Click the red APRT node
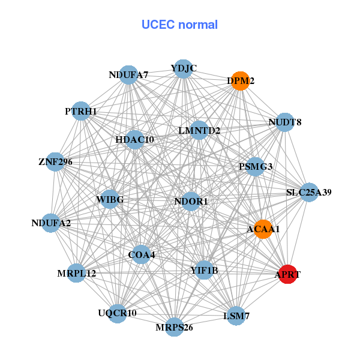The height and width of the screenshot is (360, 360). (288, 274)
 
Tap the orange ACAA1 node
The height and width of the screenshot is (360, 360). (263, 229)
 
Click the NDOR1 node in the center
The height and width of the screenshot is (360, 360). (191, 201)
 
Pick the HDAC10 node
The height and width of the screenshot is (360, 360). (135, 140)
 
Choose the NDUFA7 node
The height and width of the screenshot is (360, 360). (128, 75)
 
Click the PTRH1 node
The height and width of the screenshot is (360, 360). (81, 111)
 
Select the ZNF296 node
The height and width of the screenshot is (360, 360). (55, 161)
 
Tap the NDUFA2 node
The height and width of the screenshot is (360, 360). (52, 223)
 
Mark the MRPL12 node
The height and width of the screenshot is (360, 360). (77, 273)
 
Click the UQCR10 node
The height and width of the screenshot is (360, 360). (117, 313)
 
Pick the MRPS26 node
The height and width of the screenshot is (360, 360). (175, 326)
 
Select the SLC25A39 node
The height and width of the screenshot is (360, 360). (308, 193)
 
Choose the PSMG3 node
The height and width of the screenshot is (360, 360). (256, 166)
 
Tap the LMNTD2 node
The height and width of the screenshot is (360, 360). (199, 130)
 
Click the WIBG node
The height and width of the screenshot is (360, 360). (109, 199)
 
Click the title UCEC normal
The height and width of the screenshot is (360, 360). (179, 25)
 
